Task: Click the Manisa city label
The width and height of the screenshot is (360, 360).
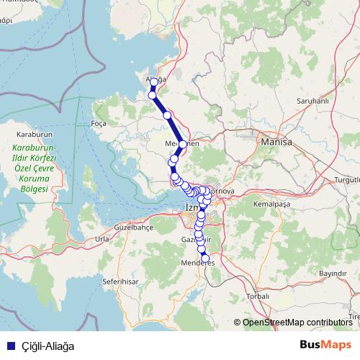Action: (278, 143)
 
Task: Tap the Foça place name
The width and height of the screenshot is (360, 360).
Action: (99, 123)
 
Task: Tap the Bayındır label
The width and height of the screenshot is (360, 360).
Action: (332, 274)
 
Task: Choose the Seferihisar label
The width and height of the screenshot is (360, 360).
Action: (120, 281)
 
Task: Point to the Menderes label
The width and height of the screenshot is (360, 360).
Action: (197, 264)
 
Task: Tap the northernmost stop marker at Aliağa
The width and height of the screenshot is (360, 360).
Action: (154, 82)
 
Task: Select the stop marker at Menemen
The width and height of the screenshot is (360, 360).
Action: (183, 145)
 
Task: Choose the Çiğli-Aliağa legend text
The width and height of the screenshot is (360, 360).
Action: (48, 346)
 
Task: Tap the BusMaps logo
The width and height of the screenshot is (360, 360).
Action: (326, 345)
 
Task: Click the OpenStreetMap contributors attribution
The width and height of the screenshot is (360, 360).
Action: (297, 323)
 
